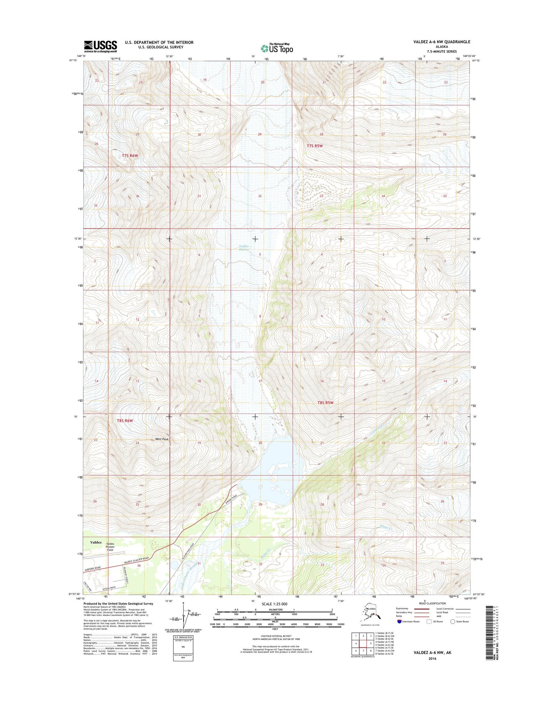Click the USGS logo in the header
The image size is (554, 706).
[x=100, y=46]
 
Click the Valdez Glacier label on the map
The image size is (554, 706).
[x=244, y=247]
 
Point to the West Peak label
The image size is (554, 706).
[x=162, y=439]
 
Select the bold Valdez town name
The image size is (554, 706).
[x=96, y=542]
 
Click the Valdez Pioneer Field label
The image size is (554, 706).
[x=110, y=547]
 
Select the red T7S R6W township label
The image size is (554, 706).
[x=130, y=155]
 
